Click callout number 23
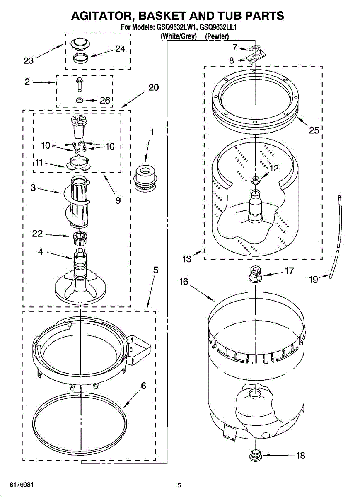29,61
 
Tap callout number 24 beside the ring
120,49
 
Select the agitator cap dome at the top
80,43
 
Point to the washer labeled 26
80,100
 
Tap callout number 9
118,200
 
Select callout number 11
39,163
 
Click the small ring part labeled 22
79,237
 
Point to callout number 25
314,130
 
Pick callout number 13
187,259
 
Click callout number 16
184,282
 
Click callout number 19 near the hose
314,280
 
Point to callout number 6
143,386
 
